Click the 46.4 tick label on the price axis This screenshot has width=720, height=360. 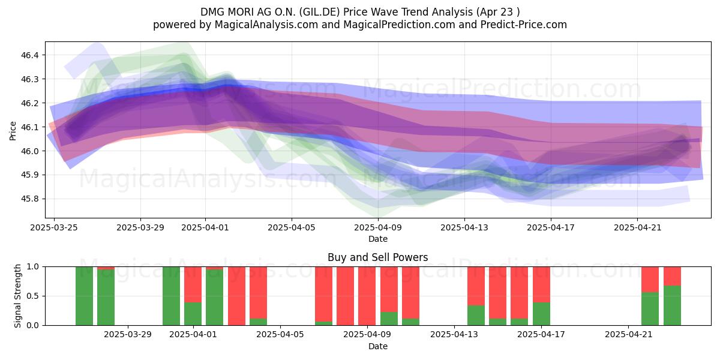pos(29,55)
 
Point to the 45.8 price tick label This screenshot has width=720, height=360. pos(29,199)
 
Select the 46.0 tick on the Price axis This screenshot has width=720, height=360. pos(29,151)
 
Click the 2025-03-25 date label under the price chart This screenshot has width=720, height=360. pos(54,227)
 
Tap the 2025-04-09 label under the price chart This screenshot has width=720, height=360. pos(378,227)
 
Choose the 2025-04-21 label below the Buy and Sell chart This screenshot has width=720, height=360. pos(628,335)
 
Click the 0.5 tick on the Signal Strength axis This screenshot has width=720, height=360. pos(32,296)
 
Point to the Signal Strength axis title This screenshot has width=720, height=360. pos(17,296)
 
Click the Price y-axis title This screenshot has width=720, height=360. pos(13,131)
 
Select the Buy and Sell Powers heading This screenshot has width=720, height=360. pos(377,257)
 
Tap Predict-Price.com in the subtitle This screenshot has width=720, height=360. pos(524,25)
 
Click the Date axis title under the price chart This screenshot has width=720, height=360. pos(378,239)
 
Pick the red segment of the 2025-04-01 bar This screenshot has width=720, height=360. pos(193,284)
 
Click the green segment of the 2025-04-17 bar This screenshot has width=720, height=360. pos(541,314)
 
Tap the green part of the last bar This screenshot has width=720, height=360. pos(672,305)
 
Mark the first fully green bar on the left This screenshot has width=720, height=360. pos(84,296)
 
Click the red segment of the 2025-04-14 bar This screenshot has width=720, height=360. pos(476,286)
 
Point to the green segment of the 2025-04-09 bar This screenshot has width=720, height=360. pos(389,319)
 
